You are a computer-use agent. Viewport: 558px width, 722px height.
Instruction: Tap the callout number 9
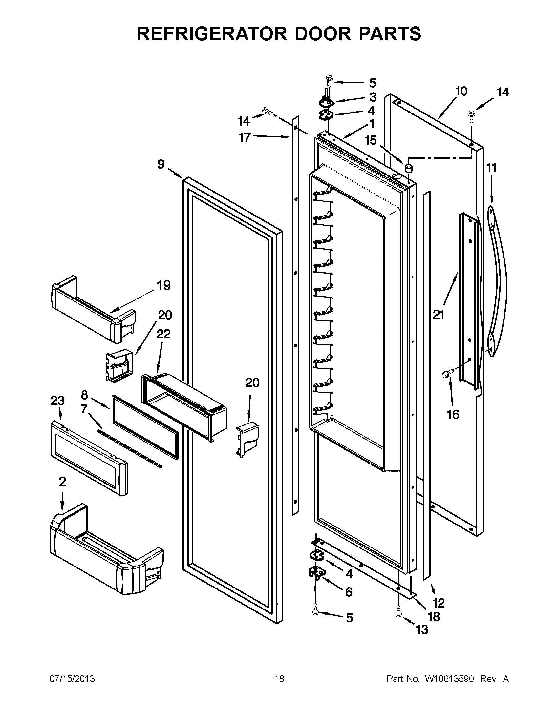click(161, 164)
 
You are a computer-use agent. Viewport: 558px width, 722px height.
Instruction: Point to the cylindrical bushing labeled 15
click(409, 168)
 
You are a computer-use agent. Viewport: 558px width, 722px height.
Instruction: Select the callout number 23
click(57, 401)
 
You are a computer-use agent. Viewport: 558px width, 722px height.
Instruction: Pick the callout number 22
click(163, 334)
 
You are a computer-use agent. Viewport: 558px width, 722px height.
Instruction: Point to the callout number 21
click(439, 315)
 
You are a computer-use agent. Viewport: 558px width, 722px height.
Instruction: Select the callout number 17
click(245, 137)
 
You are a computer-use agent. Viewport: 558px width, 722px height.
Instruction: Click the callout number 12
click(439, 603)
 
